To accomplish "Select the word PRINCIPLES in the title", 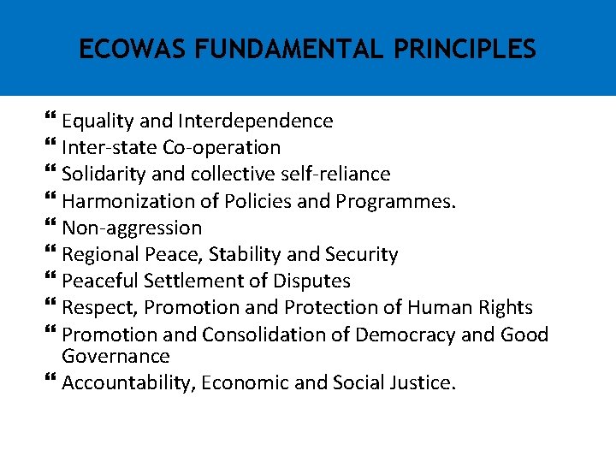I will click(465, 50).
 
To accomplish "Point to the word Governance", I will click(115, 356).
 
